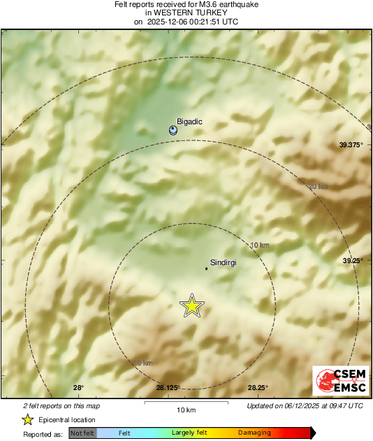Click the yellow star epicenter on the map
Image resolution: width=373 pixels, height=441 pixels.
[x=191, y=306]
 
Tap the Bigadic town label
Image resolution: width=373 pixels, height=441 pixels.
[x=189, y=121]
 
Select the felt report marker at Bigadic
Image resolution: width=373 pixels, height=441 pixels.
[x=174, y=130]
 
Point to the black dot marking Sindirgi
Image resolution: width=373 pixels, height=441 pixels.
[x=205, y=268]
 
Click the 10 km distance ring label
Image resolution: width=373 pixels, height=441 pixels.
[x=259, y=245]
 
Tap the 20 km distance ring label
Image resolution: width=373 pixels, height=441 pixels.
[x=318, y=186]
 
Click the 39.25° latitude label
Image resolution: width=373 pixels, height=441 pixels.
[x=353, y=260]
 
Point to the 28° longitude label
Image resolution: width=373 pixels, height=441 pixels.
[x=78, y=388]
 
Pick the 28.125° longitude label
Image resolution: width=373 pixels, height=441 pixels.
[x=168, y=388]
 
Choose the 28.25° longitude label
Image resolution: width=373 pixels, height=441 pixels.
[x=257, y=388]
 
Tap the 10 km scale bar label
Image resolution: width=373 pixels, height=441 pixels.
[x=186, y=409]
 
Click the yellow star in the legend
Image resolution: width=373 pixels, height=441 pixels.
[x=27, y=419]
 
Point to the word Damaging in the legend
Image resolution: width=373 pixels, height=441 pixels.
[x=254, y=433]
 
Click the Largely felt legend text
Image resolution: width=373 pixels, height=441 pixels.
[x=188, y=433]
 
